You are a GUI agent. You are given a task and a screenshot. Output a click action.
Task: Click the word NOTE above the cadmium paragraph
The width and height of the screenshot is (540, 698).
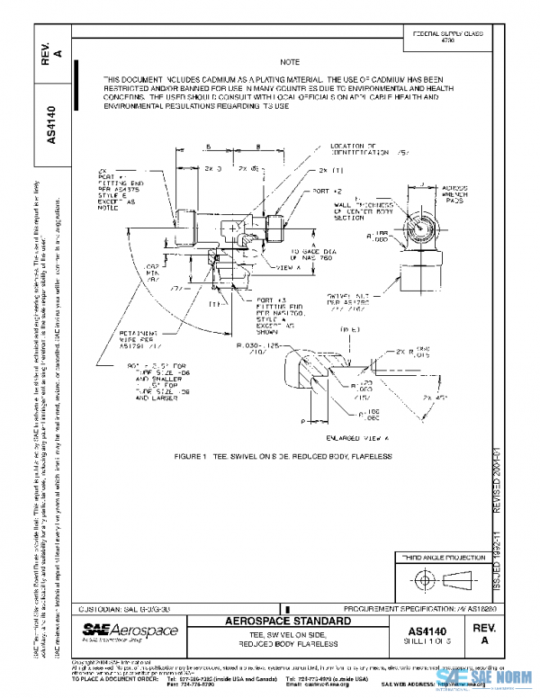pos(288,62)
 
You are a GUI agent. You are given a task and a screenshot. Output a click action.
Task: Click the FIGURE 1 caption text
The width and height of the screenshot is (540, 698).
pos(283,456)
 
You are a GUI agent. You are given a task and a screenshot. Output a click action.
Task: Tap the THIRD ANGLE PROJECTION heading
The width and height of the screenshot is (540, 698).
pos(441,559)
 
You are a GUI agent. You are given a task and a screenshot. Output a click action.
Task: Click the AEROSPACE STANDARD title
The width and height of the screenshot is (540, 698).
pos(275,622)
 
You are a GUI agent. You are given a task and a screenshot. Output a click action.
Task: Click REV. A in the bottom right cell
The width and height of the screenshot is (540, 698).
pos(484,632)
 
